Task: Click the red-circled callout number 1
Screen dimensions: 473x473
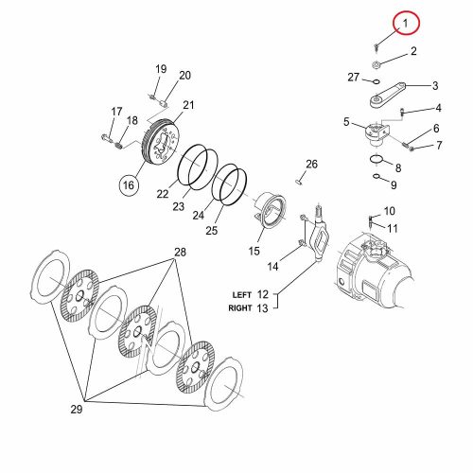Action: [406, 23]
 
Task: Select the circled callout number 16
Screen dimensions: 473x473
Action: [129, 185]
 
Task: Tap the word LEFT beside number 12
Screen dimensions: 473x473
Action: [242, 295]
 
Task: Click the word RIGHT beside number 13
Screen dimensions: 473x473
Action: [240, 308]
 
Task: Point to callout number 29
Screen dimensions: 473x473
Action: [76, 409]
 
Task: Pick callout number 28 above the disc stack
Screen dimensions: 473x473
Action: [180, 252]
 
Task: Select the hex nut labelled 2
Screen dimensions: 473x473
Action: [376, 65]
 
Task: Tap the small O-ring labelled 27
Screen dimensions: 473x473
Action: [376, 81]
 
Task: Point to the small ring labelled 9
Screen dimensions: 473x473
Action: [377, 176]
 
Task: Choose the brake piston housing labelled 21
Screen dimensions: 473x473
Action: [161, 143]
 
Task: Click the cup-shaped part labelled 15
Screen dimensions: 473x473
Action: [270, 211]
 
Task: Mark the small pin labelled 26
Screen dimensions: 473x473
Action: [299, 182]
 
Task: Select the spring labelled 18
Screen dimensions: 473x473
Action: [118, 146]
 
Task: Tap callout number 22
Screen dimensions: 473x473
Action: [163, 194]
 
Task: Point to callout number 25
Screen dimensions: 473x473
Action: [212, 230]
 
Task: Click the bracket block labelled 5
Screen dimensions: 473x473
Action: [377, 134]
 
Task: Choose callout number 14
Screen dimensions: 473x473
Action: [272, 267]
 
